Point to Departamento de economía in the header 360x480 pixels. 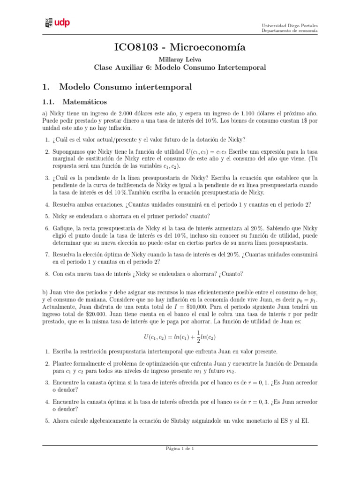tap(289, 31)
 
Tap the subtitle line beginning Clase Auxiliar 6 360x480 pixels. tap(180, 67)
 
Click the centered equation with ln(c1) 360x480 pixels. tap(180, 337)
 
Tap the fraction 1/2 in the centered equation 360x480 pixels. tap(200, 337)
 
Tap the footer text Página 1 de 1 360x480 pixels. tap(180, 449)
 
